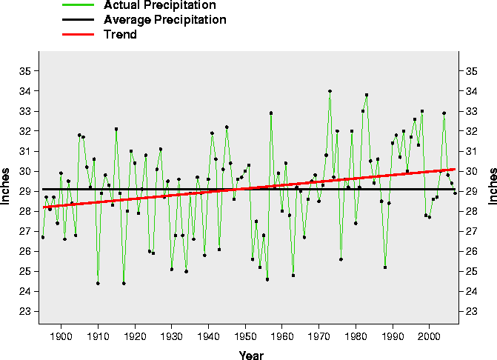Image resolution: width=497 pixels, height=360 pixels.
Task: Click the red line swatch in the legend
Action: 76,35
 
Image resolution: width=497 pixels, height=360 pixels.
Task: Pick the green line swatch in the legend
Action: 76,5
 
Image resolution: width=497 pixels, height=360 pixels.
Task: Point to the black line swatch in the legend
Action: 76,20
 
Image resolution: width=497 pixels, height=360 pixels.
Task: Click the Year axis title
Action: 251,356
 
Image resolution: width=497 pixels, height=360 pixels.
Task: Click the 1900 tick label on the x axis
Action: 61,338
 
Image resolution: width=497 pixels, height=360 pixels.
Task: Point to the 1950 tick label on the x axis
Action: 245,338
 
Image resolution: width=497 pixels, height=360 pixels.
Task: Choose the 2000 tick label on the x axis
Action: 430,338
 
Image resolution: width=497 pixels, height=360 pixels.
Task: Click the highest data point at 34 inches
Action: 330,91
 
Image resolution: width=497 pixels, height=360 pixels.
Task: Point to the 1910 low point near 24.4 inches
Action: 98,283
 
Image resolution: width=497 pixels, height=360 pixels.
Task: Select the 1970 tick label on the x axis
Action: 319,338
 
